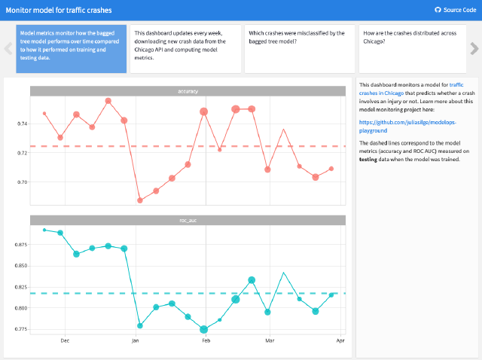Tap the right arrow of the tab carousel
[474, 48]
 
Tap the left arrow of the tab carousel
[8, 48]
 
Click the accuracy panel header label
[188, 92]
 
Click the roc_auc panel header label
[188, 220]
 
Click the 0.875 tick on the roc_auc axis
[19, 245]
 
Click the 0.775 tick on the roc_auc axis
[19, 329]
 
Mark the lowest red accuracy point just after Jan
[140, 200]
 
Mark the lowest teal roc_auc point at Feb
[204, 329]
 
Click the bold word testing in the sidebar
[368, 159]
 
